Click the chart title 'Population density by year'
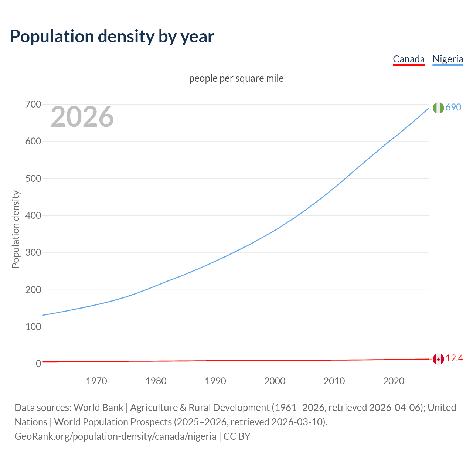[x=112, y=37]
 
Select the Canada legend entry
[x=408, y=59]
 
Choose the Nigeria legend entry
[x=448, y=59]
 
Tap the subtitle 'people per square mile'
[x=236, y=78]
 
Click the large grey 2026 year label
[x=82, y=117]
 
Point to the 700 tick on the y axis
[x=33, y=105]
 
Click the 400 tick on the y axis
[x=33, y=215]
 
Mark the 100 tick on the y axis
[x=33, y=327]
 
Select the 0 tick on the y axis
[x=38, y=364]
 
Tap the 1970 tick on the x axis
[x=96, y=381]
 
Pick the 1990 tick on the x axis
[x=215, y=381]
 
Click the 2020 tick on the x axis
[x=394, y=381]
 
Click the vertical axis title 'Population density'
[x=16, y=229]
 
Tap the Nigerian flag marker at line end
[x=438, y=108]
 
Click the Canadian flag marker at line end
[x=438, y=359]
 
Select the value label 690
[x=453, y=107]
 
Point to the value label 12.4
[x=454, y=358]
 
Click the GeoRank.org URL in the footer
[x=115, y=436]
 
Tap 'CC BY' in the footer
[x=237, y=436]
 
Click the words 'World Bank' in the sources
[x=98, y=407]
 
